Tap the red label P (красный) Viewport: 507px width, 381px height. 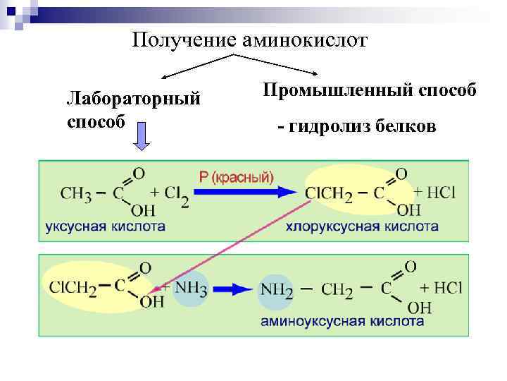(x=237, y=177)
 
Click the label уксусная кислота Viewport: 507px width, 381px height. (x=106, y=227)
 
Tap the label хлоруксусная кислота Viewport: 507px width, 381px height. (x=362, y=227)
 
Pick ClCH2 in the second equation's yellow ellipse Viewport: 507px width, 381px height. (x=73, y=287)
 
